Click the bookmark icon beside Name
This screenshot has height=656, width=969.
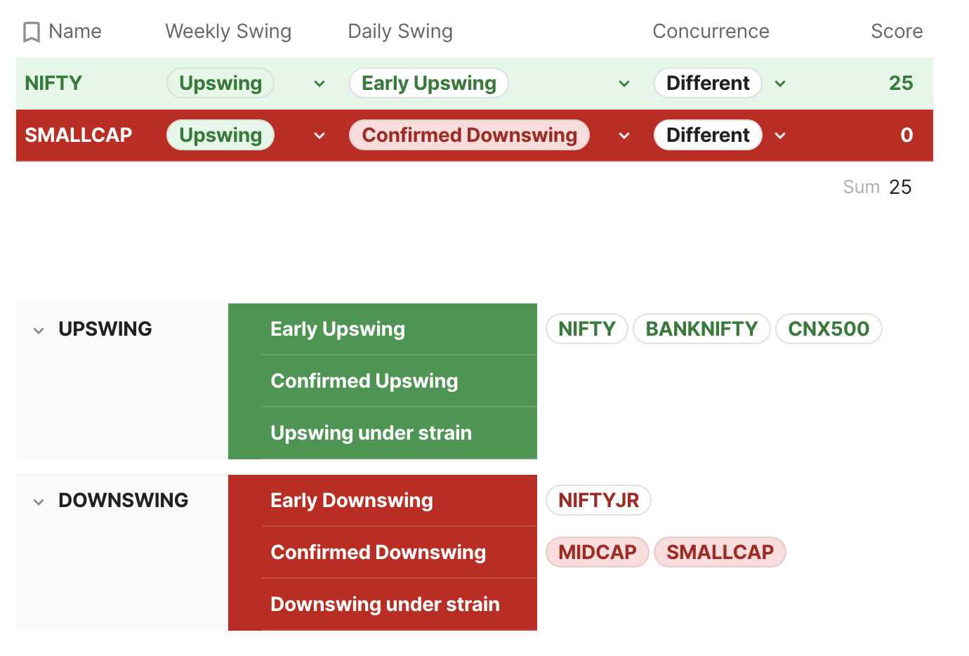[32, 32]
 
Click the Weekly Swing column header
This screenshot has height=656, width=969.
[228, 32]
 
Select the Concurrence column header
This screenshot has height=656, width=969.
[711, 31]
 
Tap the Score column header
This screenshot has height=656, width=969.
[897, 31]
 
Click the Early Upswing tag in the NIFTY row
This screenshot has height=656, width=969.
[429, 83]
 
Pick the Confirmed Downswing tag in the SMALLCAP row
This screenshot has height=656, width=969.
[469, 135]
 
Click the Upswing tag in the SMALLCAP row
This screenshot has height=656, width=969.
[220, 135]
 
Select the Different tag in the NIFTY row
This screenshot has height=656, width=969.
[708, 83]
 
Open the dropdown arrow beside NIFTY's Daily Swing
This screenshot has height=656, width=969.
[624, 84]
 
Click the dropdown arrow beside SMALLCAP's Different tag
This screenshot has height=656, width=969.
[780, 136]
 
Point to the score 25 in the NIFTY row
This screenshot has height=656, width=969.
[901, 83]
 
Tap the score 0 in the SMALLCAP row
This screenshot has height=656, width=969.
[907, 135]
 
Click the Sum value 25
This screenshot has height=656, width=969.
[900, 187]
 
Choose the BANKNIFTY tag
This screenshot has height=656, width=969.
[701, 329]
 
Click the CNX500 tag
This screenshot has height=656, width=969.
[829, 329]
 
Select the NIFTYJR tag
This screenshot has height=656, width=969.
[598, 500]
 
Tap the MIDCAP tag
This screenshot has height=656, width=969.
[597, 552]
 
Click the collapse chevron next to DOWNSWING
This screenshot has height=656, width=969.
[39, 502]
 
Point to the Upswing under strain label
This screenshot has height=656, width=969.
[371, 433]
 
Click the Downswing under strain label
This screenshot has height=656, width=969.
[385, 604]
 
